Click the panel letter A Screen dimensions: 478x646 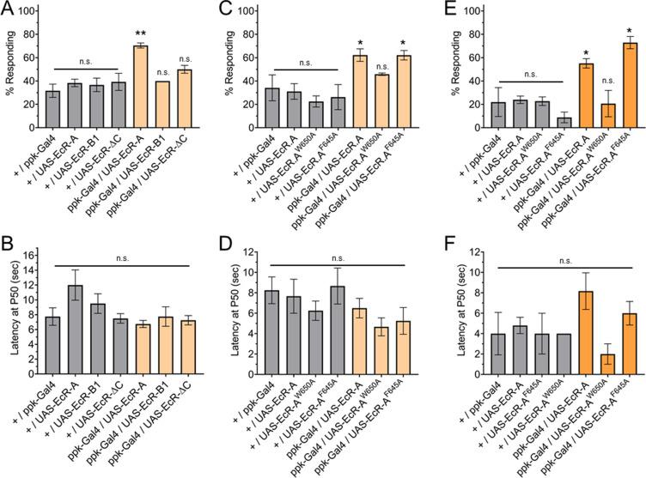(7, 9)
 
